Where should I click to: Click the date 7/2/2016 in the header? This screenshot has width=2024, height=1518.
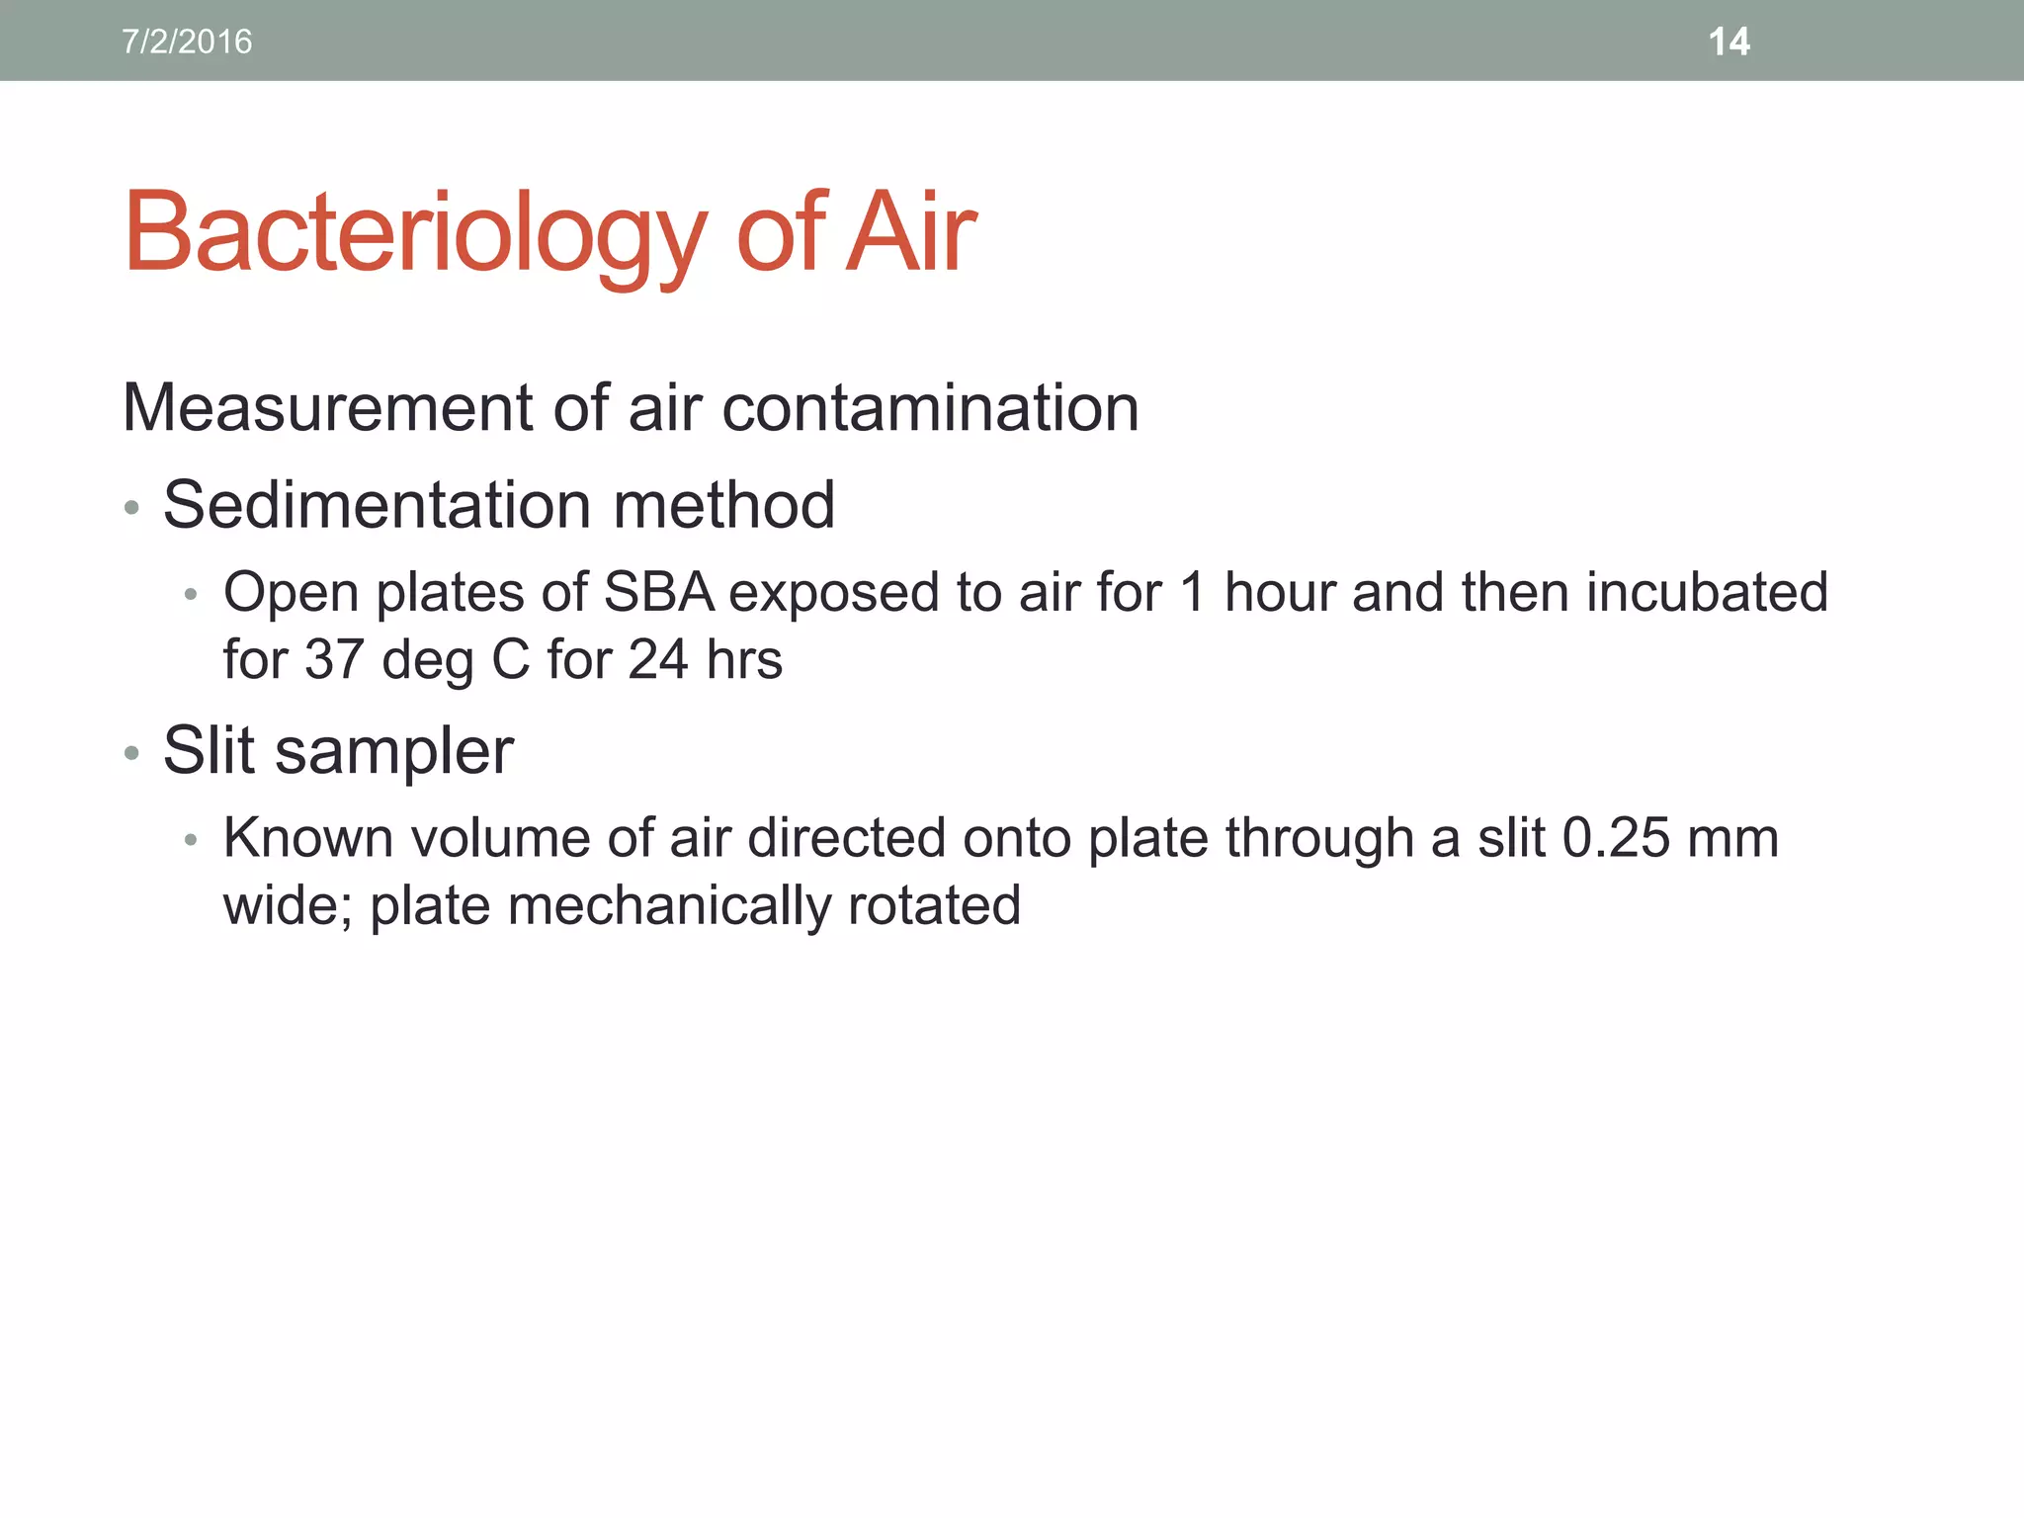coord(187,42)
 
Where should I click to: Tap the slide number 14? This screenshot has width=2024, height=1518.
coord(1729,42)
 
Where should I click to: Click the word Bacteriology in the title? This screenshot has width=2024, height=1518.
coord(415,233)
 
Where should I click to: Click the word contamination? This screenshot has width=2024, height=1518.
coord(930,407)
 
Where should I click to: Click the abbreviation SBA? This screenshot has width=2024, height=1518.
coord(658,592)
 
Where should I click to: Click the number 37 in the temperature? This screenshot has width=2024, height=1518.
coord(334,659)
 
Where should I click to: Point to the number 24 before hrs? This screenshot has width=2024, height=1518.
coord(657,659)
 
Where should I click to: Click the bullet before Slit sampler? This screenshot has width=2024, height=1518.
coord(132,754)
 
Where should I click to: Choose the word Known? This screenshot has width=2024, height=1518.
coord(308,837)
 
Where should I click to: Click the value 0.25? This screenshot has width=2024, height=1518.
coord(1615,837)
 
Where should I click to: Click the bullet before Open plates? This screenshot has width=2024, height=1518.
coord(192,595)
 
